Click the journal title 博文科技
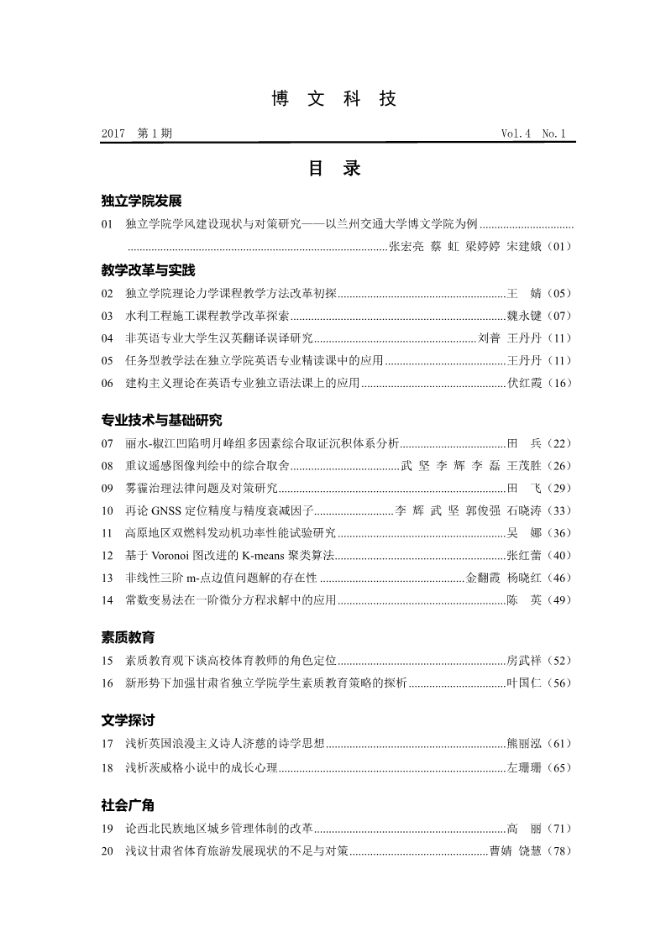click(x=333, y=99)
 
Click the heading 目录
click(x=333, y=169)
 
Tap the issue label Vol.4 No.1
click(x=533, y=133)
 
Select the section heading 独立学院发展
click(x=141, y=201)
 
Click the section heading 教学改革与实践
click(x=148, y=270)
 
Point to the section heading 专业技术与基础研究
click(x=161, y=420)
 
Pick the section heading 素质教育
click(x=128, y=637)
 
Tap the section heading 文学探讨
click(x=128, y=720)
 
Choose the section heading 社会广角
click(x=128, y=805)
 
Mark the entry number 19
click(x=107, y=829)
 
